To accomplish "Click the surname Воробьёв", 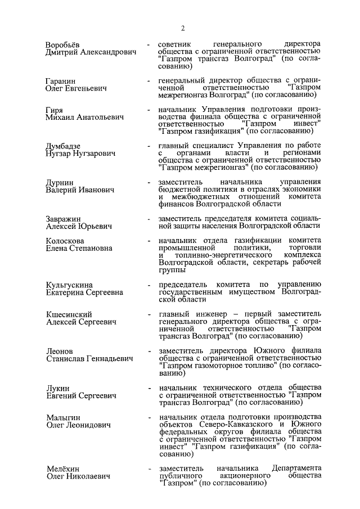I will (x=66, y=44).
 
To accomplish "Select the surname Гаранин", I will (x=61, y=82).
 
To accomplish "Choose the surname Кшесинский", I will (x=69, y=314).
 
